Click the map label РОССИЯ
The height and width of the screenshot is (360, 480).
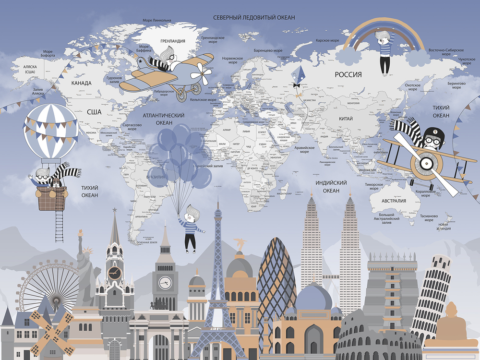click(348, 74)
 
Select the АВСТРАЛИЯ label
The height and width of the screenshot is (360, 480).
click(394, 201)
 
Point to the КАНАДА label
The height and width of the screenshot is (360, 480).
click(81, 83)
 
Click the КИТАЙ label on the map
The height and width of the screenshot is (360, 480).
click(345, 119)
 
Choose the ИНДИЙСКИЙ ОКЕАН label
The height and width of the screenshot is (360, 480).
click(331, 187)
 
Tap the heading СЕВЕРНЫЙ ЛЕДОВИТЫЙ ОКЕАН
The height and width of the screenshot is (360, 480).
click(254, 17)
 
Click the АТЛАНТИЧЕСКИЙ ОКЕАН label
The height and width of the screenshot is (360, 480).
click(164, 119)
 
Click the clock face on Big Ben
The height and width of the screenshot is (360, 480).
click(165, 283)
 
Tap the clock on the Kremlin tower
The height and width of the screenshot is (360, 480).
click(115, 273)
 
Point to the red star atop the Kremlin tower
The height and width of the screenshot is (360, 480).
click(115, 210)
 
